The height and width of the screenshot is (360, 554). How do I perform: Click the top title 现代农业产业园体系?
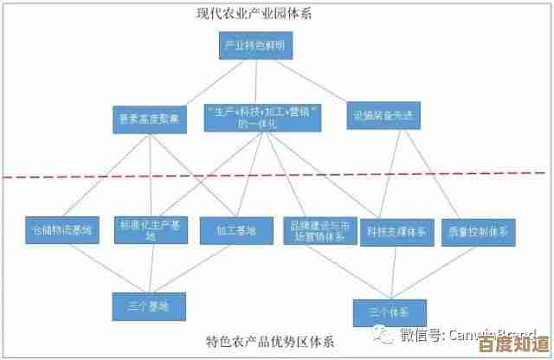(x=253, y=14)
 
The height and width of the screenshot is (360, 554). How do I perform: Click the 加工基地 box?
(x=229, y=230)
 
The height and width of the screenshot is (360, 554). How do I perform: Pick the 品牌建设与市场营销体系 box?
(x=319, y=229)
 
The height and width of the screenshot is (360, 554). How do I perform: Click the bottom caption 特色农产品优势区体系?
(x=270, y=340)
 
